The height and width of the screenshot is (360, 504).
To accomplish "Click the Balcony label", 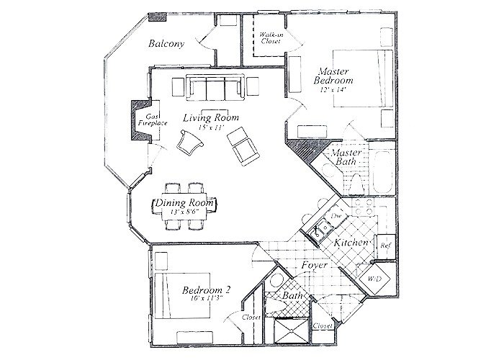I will pyautogui.click(x=166, y=44).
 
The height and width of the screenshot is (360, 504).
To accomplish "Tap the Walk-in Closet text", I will pyautogui.click(x=271, y=37).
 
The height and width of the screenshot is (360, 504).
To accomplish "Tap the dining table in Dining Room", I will pyautogui.click(x=184, y=204).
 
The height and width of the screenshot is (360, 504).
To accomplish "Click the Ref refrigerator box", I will pyautogui.click(x=384, y=245).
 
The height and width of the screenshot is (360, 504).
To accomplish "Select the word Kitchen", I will pyautogui.click(x=352, y=244).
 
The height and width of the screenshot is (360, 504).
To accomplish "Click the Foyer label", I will pyautogui.click(x=315, y=266).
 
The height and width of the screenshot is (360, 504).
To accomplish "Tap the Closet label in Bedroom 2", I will pyautogui.click(x=251, y=317).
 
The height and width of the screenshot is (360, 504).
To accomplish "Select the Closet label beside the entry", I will pyautogui.click(x=323, y=326).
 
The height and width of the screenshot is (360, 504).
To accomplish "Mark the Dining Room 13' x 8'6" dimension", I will pyautogui.click(x=184, y=212).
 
